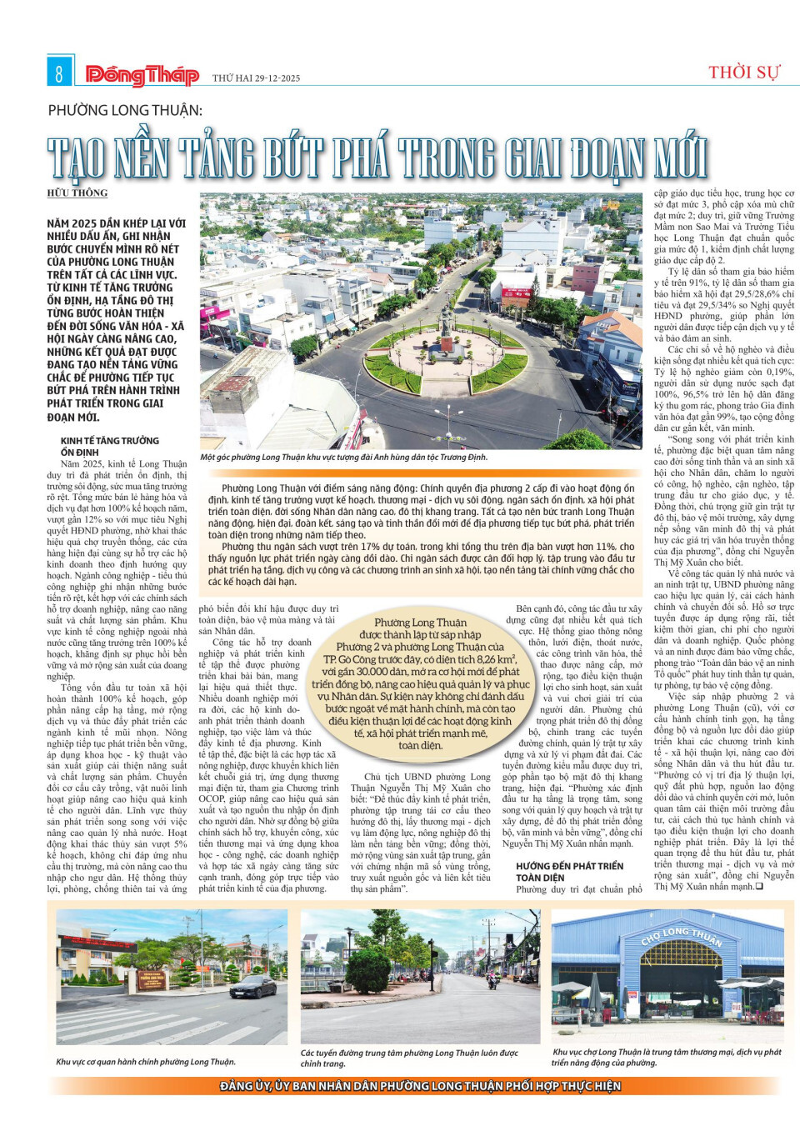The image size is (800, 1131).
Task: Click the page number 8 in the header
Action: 58,73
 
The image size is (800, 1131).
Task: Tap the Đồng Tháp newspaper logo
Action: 142,76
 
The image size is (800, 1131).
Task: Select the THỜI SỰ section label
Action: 743,73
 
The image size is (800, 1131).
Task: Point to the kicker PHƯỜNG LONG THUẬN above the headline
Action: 125,110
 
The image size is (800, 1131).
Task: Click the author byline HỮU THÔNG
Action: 77,193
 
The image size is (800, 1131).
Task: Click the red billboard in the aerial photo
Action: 517,293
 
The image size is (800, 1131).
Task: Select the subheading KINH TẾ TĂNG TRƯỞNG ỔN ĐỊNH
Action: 109,446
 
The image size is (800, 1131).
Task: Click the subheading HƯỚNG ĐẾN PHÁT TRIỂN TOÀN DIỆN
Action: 569,872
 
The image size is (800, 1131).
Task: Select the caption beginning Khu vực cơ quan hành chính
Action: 146,1062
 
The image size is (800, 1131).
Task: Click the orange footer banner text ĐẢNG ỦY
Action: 242,1086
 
